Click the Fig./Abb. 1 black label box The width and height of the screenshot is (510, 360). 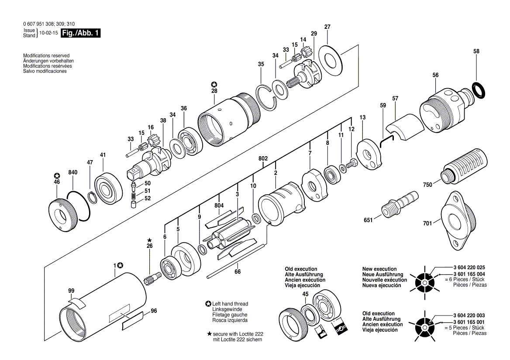tap(81, 33)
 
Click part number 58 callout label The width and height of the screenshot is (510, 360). tap(476, 51)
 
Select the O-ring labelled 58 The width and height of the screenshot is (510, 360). tap(480, 89)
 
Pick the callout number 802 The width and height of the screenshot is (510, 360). tap(263, 158)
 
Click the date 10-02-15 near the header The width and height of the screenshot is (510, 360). tap(48, 33)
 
